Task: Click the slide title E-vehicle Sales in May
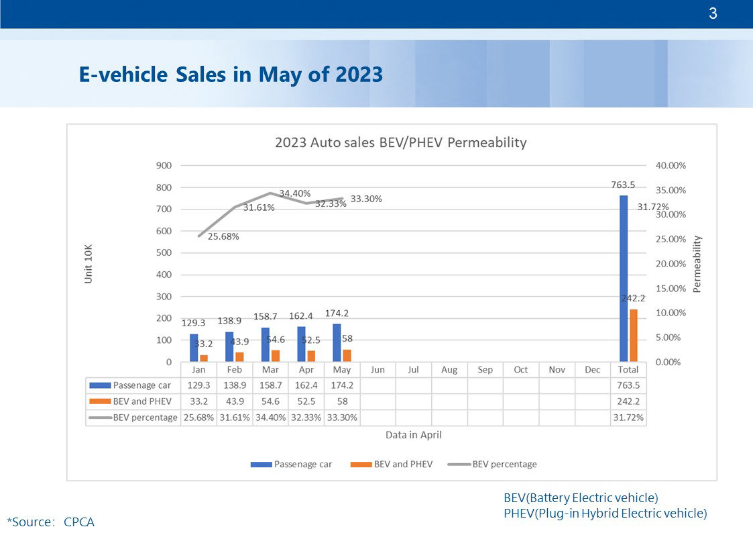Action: pos(231,74)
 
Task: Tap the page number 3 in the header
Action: pos(713,13)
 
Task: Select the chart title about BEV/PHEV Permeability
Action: pos(400,143)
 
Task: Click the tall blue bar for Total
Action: pos(624,279)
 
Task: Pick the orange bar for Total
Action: pos(634,335)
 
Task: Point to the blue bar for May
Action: pos(337,343)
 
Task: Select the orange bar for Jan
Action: pos(204,358)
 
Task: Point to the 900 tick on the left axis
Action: pos(164,166)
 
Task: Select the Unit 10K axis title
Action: pos(89,263)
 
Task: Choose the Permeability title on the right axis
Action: pos(697,263)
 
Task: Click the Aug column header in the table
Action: pos(449,370)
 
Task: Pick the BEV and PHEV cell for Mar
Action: pos(270,401)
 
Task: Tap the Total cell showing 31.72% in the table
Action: pos(628,418)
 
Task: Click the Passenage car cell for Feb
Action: pos(235,386)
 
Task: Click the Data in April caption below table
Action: pos(413,435)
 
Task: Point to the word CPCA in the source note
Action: pos(79,522)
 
